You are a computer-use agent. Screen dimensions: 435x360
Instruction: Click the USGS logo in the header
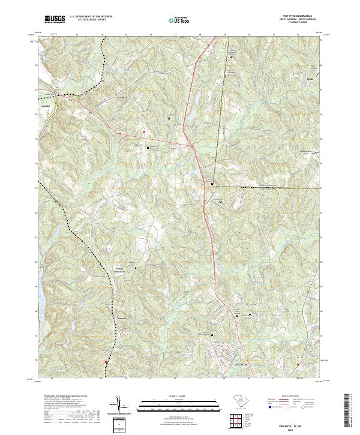(x=55, y=19)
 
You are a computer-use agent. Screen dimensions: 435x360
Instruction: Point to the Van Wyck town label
(x=122, y=97)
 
